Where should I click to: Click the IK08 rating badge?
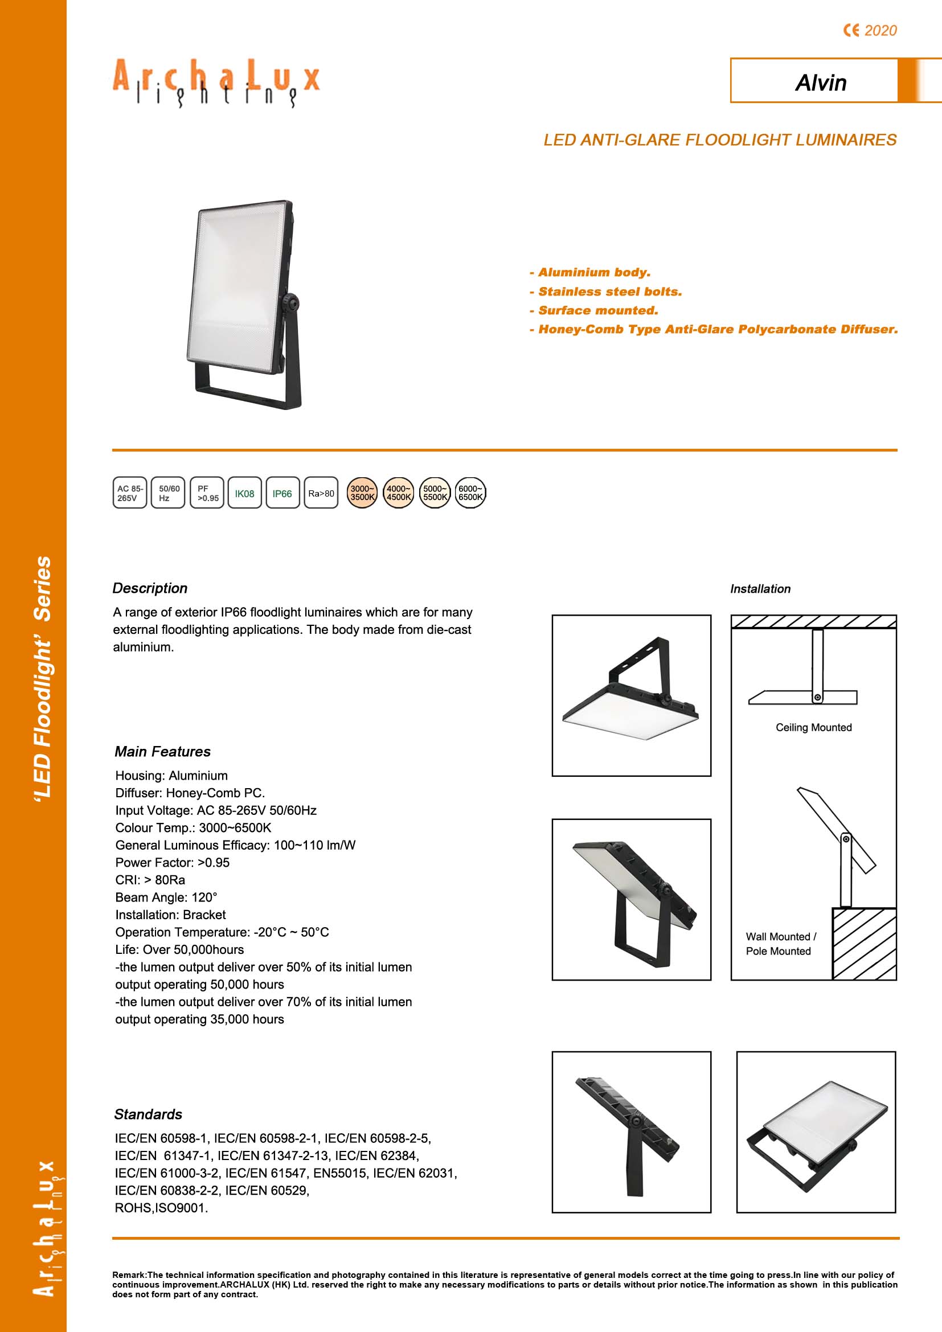tap(244, 493)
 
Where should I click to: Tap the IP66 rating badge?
tap(282, 493)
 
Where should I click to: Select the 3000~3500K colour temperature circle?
tap(362, 493)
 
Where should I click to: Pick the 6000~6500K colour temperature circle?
tap(470, 493)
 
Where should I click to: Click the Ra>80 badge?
tap(321, 493)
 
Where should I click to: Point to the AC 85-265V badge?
tap(130, 493)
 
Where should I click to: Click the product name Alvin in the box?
tap(820, 83)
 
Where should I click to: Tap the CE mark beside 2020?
tap(851, 30)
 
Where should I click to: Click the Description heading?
tap(150, 588)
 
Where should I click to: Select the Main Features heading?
tap(162, 752)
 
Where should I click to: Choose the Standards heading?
tap(148, 1114)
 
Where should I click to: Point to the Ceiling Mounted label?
tap(813, 727)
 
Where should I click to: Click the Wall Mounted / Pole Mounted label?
tap(780, 944)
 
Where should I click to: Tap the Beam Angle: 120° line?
tap(166, 897)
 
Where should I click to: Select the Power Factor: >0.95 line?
tap(172, 863)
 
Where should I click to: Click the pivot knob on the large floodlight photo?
tap(290, 302)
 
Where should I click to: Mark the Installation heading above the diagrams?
tap(760, 589)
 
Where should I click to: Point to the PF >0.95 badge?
tap(207, 493)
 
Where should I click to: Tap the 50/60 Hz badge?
tap(168, 493)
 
